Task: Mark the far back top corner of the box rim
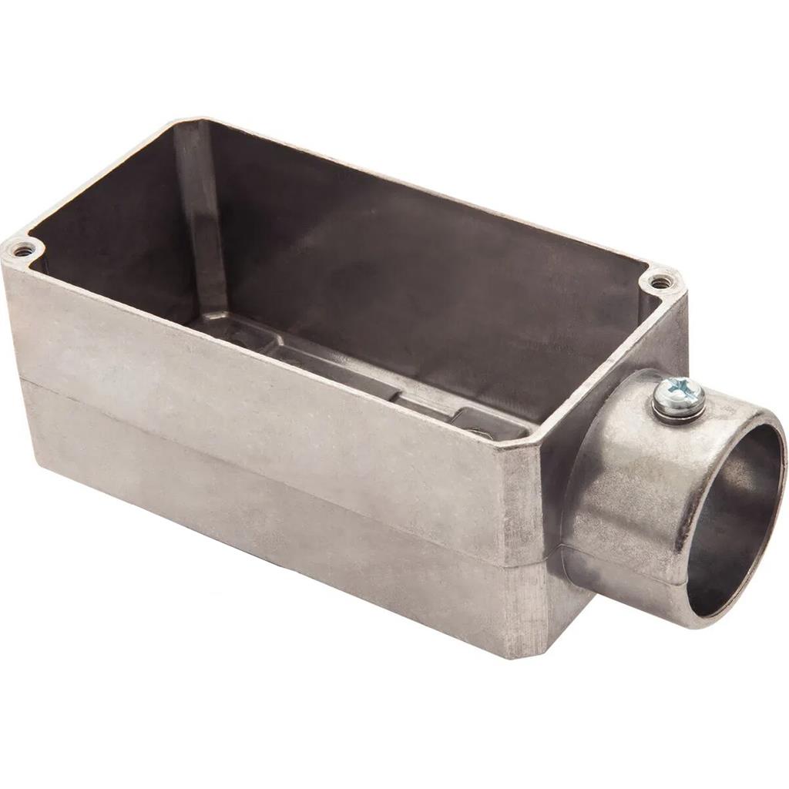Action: point(185,121)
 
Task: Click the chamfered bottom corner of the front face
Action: point(532,647)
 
